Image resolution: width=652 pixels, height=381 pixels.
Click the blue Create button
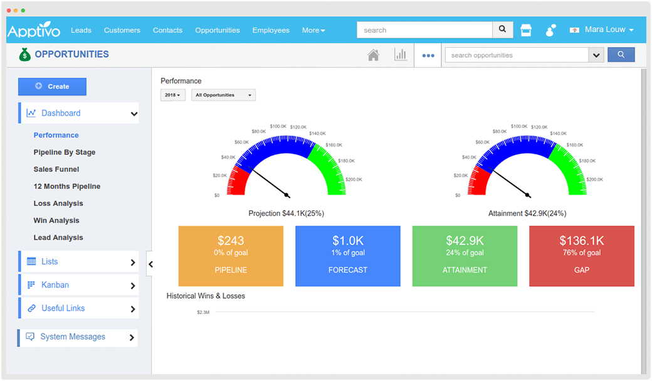pos(52,87)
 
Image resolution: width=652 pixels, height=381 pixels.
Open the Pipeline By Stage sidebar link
pos(65,153)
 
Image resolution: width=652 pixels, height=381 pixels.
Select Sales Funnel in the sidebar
pos(56,169)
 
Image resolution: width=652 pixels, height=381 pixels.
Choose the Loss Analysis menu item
pos(58,203)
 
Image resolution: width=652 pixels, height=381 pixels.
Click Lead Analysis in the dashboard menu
pos(58,238)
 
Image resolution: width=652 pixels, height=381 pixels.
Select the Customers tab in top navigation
pos(122,30)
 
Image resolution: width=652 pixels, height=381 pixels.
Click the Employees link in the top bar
pos(271,30)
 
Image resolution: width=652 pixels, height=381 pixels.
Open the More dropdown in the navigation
pos(313,30)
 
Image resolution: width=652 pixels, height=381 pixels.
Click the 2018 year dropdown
pos(172,95)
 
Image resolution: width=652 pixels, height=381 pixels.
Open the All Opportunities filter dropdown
pos(223,95)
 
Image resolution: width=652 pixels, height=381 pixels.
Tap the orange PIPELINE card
pos(231,256)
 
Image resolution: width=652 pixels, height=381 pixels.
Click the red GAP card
pos(581,256)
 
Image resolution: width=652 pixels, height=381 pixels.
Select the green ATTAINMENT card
pos(465,256)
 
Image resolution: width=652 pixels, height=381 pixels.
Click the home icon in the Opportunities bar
pos(373,55)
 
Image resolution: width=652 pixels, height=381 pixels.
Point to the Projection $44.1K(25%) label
pos(286,213)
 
